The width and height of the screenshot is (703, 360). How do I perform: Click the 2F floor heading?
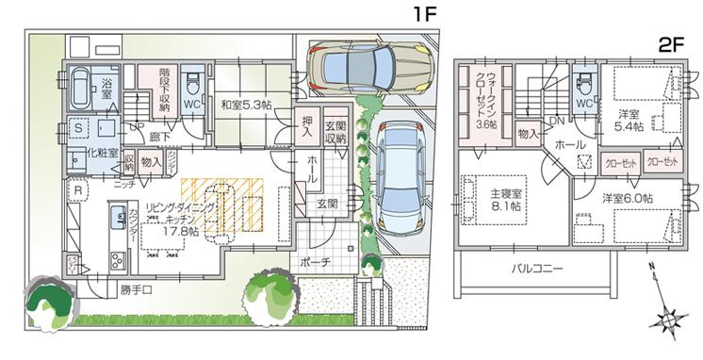click(x=673, y=44)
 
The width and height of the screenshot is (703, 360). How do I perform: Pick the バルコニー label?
click(x=537, y=268)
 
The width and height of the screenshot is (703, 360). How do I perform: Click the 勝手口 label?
click(x=138, y=286)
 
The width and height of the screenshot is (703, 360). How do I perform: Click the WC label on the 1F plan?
click(x=190, y=104)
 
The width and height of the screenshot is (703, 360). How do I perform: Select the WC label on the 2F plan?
click(x=583, y=103)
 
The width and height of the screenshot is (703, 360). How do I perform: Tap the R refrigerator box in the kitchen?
click(x=78, y=190)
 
